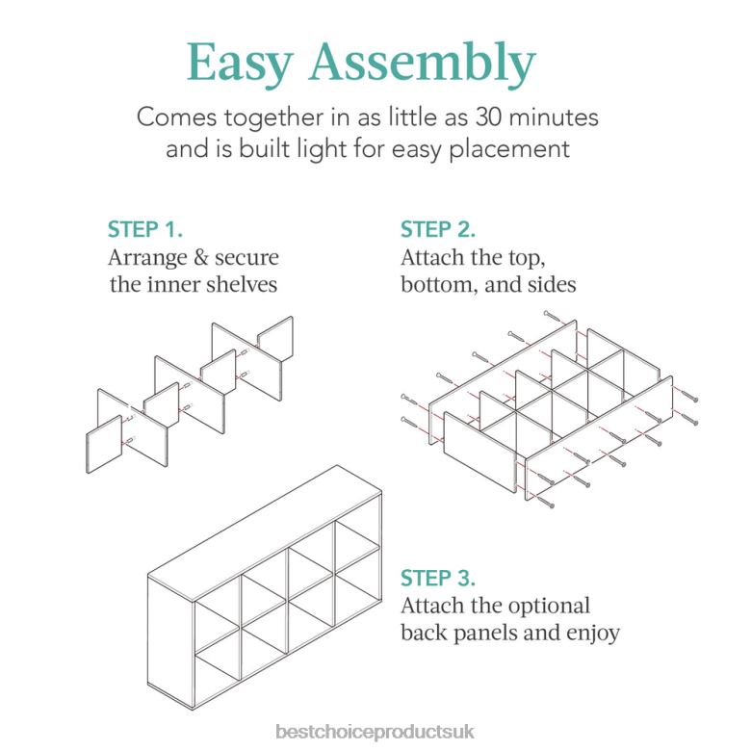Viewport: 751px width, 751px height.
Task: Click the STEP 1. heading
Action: click(144, 229)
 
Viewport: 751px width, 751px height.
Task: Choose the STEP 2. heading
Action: click(439, 229)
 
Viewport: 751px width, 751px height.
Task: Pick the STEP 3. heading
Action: click(439, 579)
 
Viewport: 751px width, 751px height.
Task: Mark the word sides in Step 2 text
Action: click(552, 285)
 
